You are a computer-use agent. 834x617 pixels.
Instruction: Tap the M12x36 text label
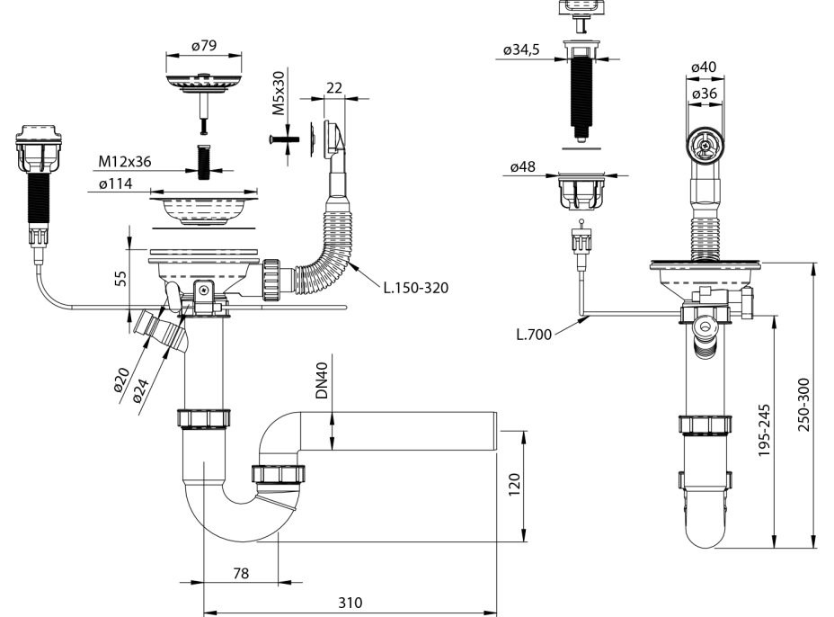coord(125,162)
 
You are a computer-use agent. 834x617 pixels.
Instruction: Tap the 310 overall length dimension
coord(350,603)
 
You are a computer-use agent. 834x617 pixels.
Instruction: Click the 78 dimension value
coord(240,573)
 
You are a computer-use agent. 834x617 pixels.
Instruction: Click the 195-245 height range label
coord(762,430)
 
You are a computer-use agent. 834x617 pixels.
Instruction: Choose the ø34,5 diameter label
coord(521,49)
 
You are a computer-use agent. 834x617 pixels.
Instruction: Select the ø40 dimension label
coord(704,67)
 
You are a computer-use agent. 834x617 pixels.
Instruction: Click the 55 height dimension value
coord(120,277)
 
